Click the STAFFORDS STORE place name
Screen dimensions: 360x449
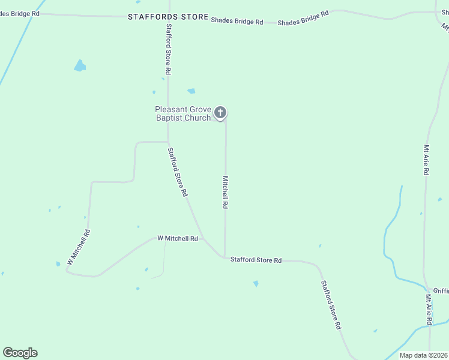coord(168,17)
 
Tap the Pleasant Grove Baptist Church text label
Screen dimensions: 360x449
coord(183,113)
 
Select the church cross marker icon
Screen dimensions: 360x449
coord(220,112)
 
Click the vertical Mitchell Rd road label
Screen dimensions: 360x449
coord(225,192)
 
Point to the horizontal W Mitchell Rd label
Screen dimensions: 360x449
coord(178,238)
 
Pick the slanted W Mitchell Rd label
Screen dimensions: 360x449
coord(79,247)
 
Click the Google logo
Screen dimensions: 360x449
coord(20,353)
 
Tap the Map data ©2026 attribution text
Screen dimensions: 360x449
coord(423,355)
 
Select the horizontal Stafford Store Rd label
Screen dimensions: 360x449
coord(256,260)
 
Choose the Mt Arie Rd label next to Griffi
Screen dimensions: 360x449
coord(429,308)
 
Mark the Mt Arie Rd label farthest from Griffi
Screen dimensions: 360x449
coord(426,160)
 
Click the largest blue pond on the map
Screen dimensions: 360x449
coord(79,66)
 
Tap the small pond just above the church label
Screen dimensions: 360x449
coord(191,91)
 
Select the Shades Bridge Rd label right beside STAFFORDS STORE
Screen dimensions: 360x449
coord(237,21)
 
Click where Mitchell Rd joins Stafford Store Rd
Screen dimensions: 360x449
coord(225,258)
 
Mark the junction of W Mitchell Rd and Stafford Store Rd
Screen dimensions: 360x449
coord(202,238)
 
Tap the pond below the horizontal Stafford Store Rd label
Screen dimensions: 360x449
coord(256,283)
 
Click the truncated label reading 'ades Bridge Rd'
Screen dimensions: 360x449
coord(19,13)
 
